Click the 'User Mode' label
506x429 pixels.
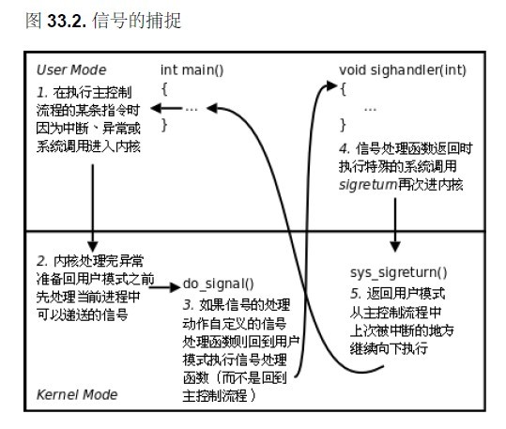(x=71, y=69)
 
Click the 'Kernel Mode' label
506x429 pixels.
(x=77, y=394)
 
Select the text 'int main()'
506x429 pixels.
(x=192, y=70)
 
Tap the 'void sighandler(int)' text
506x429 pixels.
(x=403, y=70)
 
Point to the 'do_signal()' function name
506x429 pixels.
(x=218, y=284)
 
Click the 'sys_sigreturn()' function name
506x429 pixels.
(x=399, y=273)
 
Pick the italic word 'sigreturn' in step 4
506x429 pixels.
(x=368, y=185)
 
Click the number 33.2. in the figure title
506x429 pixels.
(x=67, y=21)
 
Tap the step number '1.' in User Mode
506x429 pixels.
(x=42, y=93)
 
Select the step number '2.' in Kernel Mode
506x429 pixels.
(x=42, y=261)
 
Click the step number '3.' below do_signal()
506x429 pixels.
(x=189, y=305)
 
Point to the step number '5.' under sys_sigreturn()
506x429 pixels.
(x=356, y=294)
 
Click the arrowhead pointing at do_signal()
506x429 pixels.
(x=175, y=286)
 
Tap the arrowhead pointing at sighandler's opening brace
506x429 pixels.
(x=332, y=85)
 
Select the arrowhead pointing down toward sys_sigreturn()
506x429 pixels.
(x=395, y=246)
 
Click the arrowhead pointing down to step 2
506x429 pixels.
(x=93, y=246)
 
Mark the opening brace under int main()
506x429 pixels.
(x=164, y=89)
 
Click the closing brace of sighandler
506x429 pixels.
(x=343, y=125)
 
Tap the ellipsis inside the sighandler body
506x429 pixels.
(x=370, y=110)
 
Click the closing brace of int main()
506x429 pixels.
(x=164, y=125)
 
